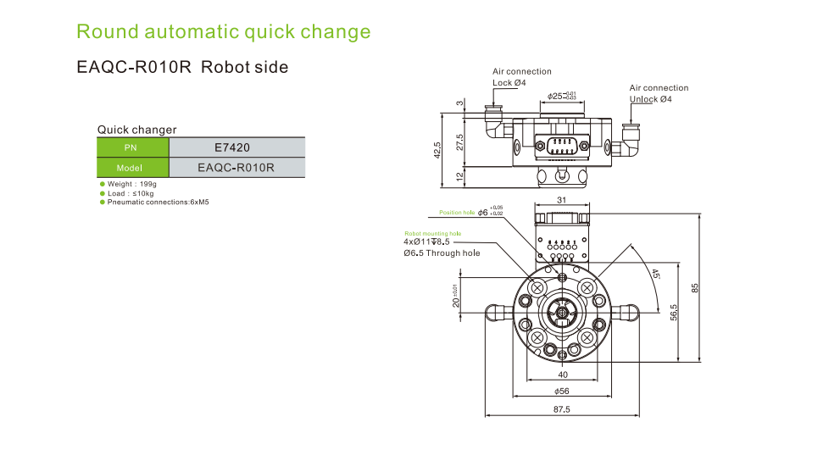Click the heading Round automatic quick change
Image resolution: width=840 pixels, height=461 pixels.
(x=223, y=32)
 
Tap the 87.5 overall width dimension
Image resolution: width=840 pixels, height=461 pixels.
(x=561, y=409)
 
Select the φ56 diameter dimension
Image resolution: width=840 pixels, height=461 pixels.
(x=561, y=391)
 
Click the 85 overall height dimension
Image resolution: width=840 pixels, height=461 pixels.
(x=694, y=287)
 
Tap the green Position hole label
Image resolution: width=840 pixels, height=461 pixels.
(x=456, y=213)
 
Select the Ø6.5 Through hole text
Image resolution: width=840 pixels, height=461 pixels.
(x=442, y=253)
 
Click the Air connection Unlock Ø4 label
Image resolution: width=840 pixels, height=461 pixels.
(x=659, y=93)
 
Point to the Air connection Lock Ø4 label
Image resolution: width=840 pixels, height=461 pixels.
(x=521, y=77)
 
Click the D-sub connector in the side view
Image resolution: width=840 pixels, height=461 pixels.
(x=561, y=145)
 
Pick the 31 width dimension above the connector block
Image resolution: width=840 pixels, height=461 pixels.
(x=561, y=200)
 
